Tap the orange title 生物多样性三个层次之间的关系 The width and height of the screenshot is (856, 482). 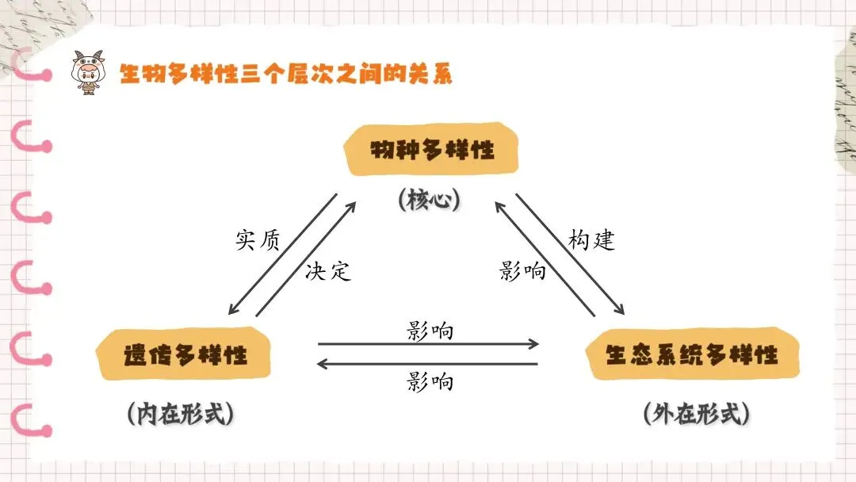point(285,75)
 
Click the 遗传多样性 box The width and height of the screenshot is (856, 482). point(185,354)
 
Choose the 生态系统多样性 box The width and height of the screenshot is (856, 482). point(692,354)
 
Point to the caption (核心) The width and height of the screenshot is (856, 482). point(429,199)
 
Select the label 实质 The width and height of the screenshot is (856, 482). point(258,240)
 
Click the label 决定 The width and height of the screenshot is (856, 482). point(327,271)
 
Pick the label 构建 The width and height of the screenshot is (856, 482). point(592,240)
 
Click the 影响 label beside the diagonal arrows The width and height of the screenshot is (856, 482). point(523,271)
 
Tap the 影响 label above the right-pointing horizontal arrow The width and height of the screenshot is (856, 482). point(430,331)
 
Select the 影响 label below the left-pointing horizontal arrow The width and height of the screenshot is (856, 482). point(430,381)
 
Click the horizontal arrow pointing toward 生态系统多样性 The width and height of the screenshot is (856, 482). point(428,345)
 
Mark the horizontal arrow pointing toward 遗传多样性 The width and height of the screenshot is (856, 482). point(428,364)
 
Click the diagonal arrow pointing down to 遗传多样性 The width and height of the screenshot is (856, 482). point(282,254)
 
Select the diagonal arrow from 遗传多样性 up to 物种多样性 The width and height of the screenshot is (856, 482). point(306,259)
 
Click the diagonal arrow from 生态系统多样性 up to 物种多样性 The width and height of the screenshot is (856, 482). point(545,259)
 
